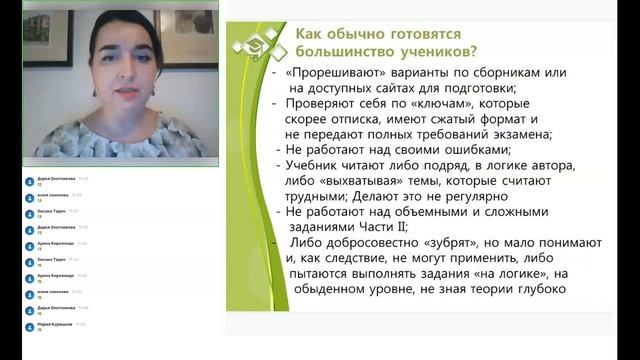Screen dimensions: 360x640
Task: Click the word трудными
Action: pos(319,196)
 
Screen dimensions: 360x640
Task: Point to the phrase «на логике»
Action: pos(510,273)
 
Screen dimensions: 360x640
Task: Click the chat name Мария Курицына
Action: pos(56,324)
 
